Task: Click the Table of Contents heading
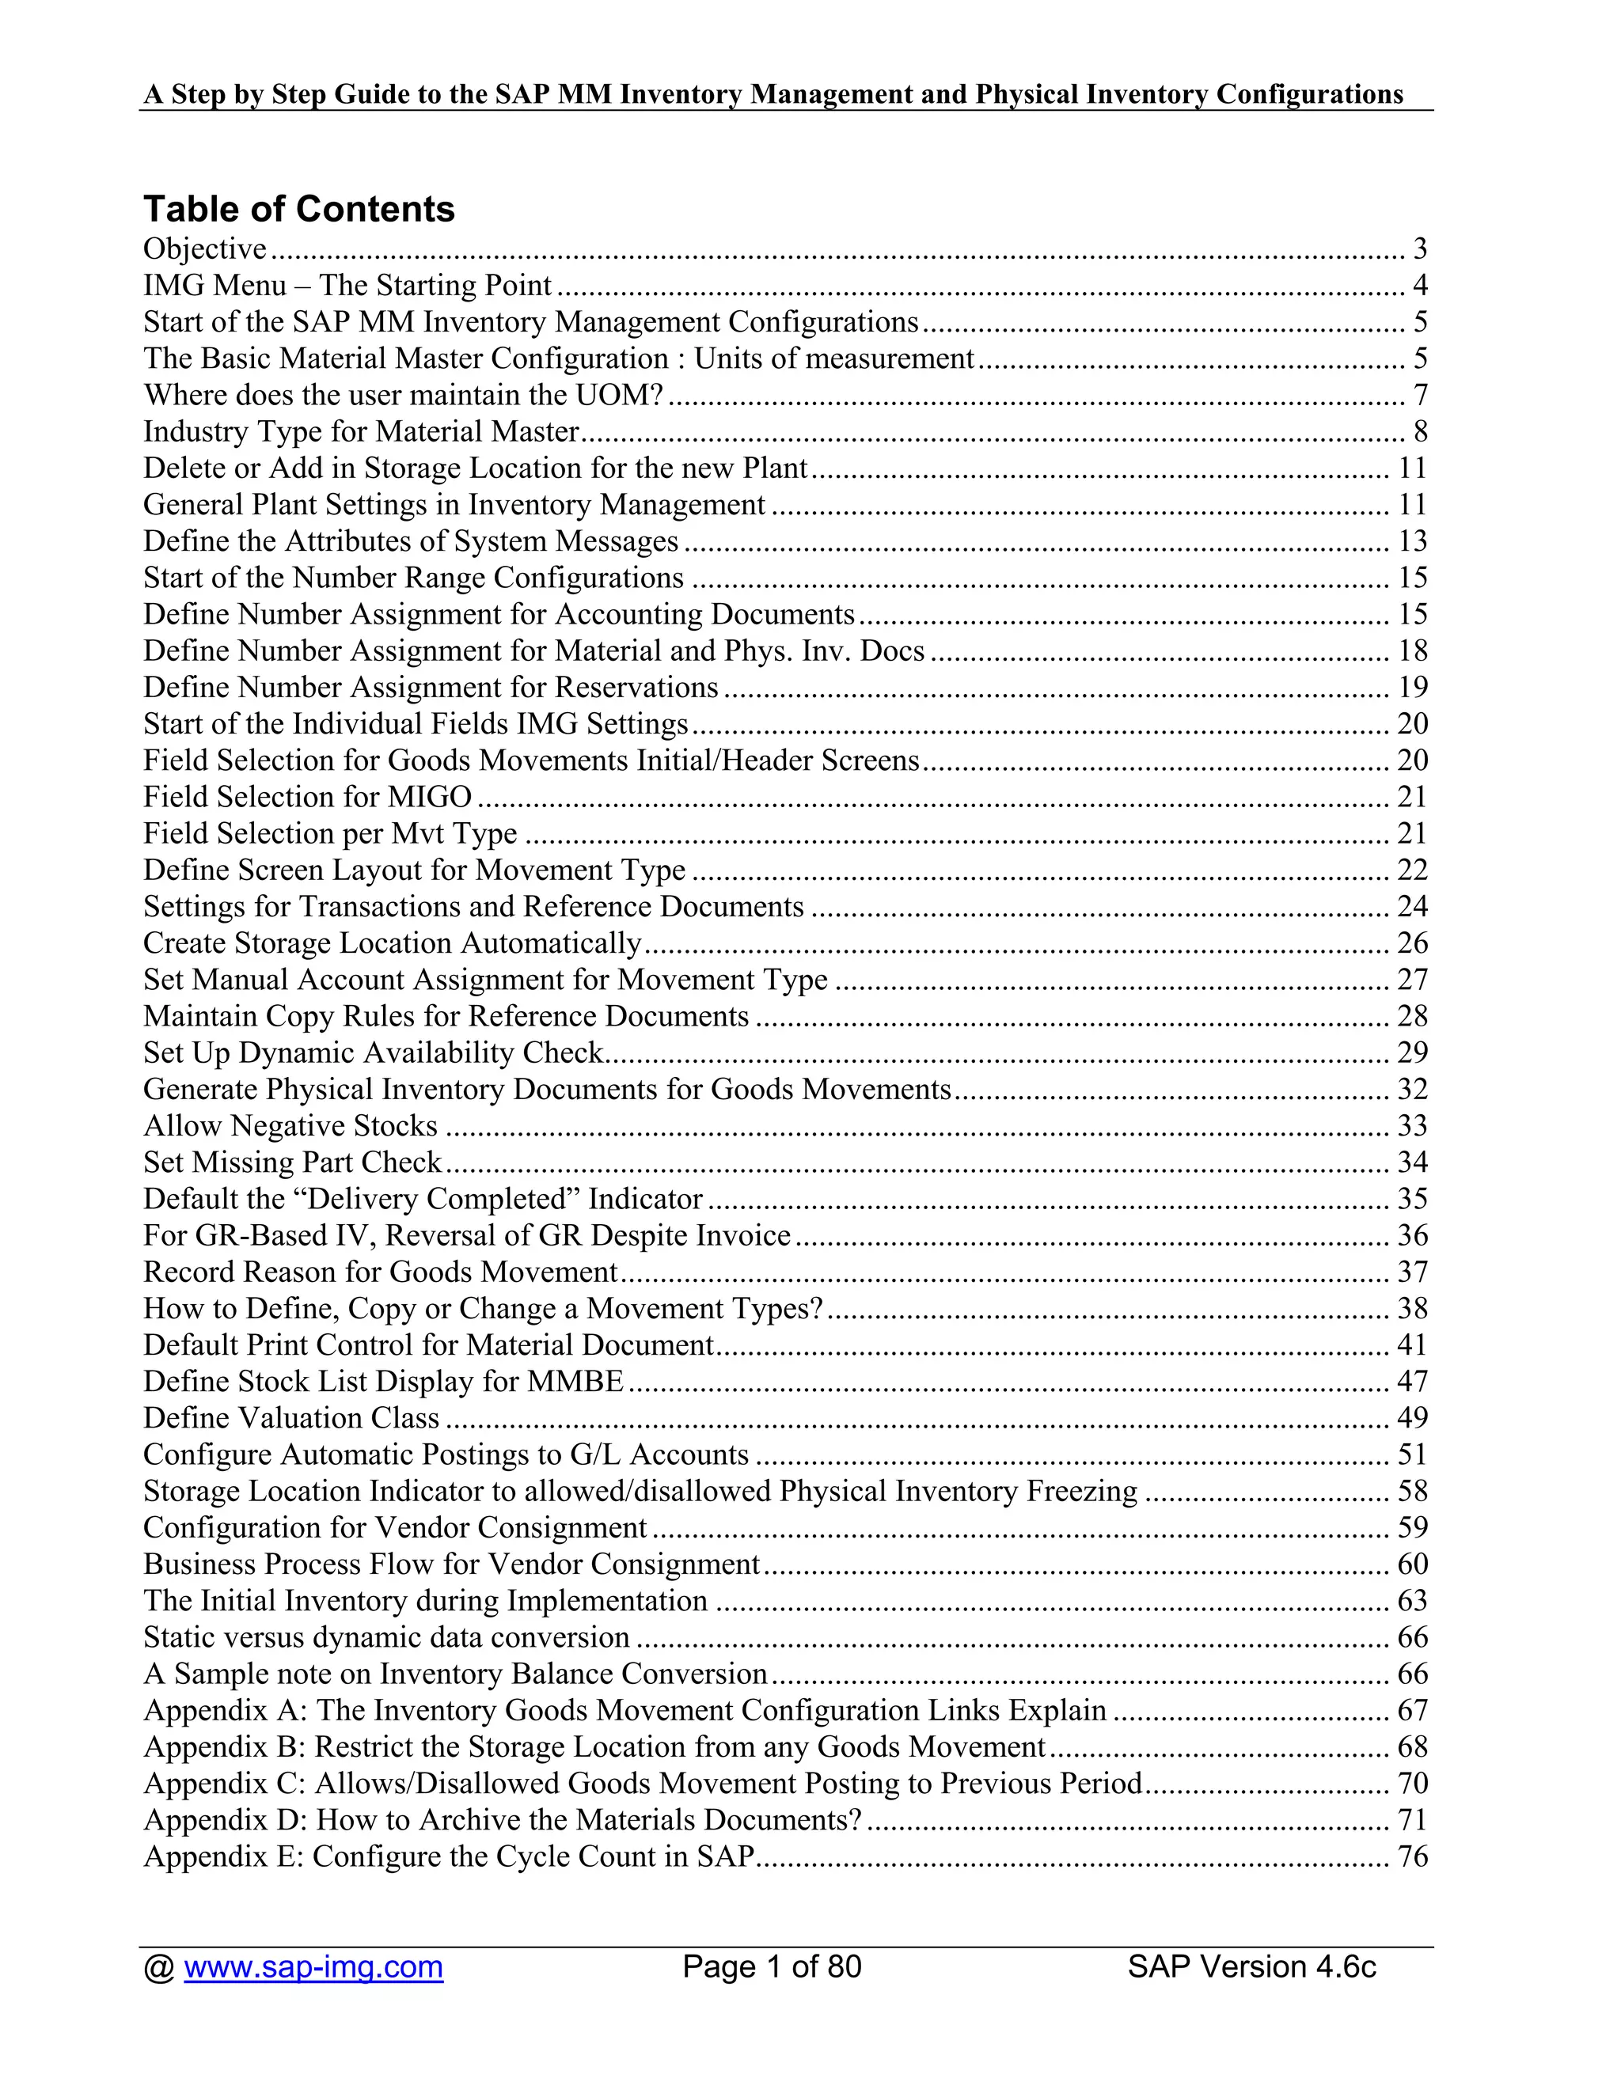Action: [x=298, y=210]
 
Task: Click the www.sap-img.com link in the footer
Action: [x=313, y=1966]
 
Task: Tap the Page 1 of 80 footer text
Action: [x=772, y=1966]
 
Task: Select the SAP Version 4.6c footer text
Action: [x=1251, y=1966]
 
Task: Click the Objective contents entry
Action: [x=204, y=248]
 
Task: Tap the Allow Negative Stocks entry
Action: [x=290, y=1125]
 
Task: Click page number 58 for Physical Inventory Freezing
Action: [x=1413, y=1491]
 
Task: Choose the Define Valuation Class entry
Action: [x=291, y=1418]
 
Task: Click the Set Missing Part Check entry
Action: [x=292, y=1162]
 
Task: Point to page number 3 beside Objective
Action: [x=1420, y=248]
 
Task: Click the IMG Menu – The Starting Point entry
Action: [x=347, y=285]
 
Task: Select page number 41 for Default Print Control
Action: [x=1413, y=1345]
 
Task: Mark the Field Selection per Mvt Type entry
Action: [x=329, y=833]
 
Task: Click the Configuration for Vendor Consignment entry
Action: [x=395, y=1527]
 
